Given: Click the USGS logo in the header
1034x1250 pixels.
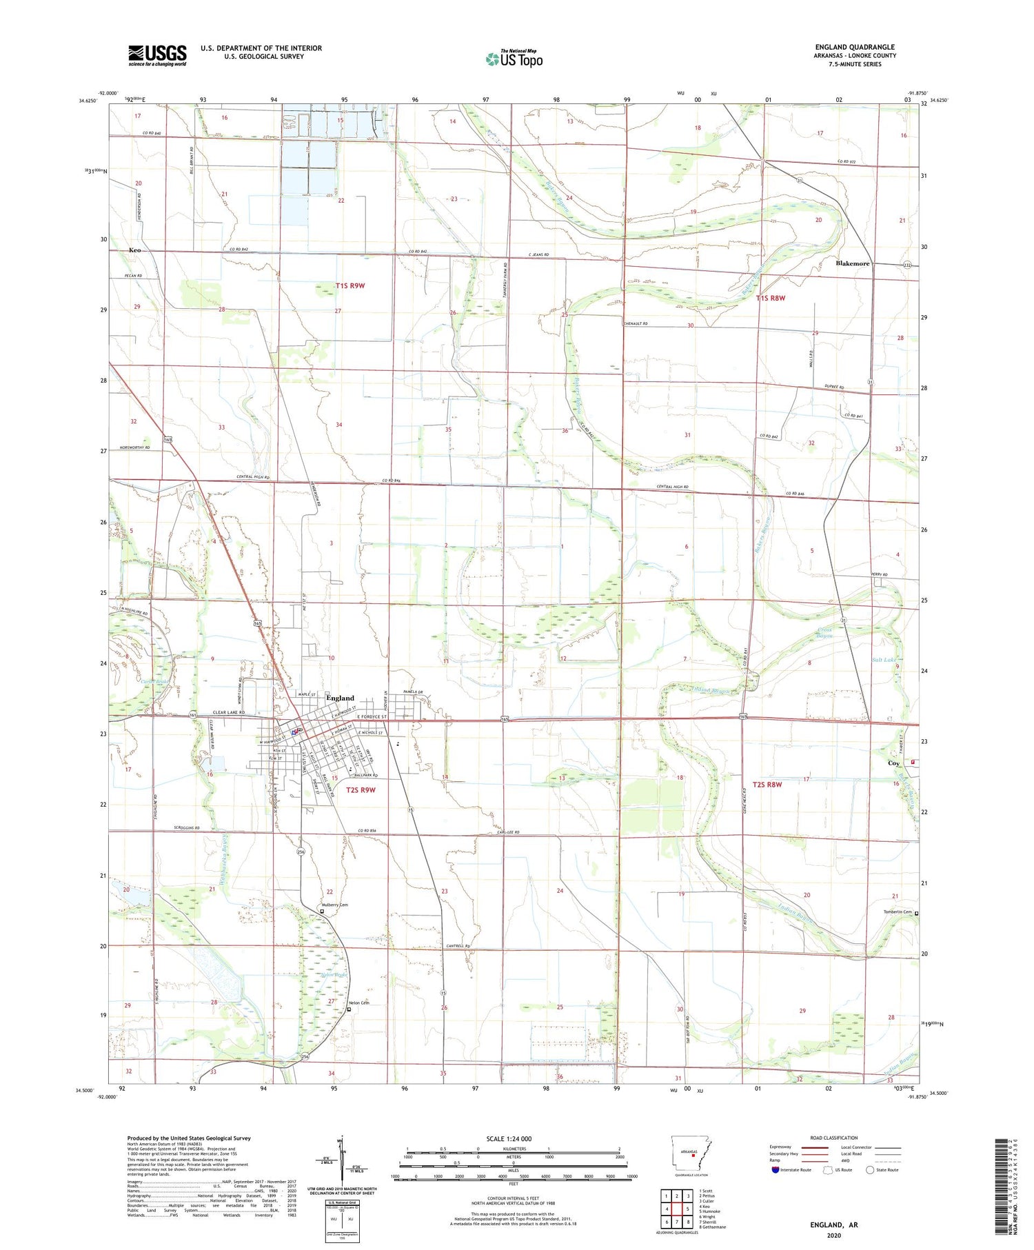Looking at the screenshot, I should (157, 55).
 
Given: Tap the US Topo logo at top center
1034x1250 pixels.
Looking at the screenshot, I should (514, 59).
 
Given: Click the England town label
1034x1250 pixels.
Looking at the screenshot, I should (340, 698).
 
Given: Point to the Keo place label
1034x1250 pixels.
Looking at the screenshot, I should (134, 250).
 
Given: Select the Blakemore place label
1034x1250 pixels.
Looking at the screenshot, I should (853, 263).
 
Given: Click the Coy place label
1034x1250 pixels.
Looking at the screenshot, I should (893, 763).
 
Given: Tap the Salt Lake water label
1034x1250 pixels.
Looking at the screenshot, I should (884, 660).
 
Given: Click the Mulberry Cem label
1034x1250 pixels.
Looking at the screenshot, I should (334, 905).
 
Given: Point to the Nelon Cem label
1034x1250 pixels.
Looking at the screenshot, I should (359, 1002).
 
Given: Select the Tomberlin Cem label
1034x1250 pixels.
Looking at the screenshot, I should (898, 912).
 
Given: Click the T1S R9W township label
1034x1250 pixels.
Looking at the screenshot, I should (350, 285).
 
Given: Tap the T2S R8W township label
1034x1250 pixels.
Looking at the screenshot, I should (768, 785).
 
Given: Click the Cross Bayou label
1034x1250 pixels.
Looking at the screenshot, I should (825, 632).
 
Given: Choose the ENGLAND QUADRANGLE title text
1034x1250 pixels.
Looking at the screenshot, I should (855, 47).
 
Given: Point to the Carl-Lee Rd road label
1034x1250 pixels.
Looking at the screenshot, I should (507, 833).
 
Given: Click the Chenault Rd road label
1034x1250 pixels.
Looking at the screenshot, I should (636, 323).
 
